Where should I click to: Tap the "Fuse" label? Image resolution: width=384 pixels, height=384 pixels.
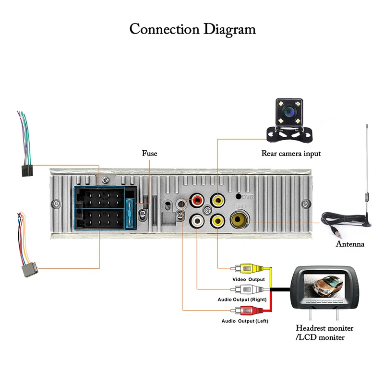[149, 154]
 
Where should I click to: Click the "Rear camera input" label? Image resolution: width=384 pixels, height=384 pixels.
[291, 154]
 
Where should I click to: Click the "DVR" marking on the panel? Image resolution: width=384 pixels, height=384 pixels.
[247, 197]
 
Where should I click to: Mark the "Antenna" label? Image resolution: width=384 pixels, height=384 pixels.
[349, 244]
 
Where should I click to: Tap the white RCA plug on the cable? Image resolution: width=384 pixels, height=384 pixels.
[248, 289]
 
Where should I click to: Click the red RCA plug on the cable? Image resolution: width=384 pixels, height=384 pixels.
[248, 310]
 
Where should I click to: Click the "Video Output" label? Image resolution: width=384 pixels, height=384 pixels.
[248, 279]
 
